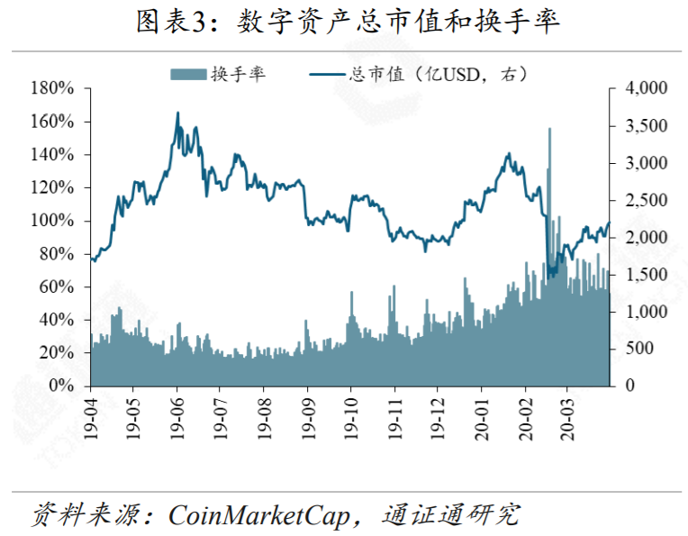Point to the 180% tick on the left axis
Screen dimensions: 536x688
(51, 88)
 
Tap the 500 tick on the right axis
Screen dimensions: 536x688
(635, 349)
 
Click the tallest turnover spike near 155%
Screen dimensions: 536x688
(549, 130)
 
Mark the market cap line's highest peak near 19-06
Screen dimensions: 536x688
(177, 114)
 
